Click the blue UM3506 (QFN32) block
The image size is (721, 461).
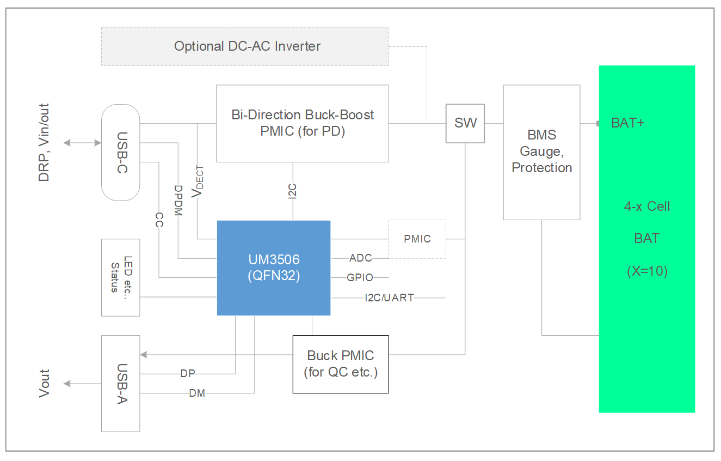[273, 268]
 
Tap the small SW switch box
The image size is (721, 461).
[465, 123]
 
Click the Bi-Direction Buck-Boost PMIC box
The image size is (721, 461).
[302, 123]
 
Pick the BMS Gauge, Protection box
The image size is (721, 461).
[541, 151]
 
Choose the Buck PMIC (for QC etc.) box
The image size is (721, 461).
[341, 364]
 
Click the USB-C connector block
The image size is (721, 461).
[121, 151]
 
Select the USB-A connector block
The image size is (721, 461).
[121, 383]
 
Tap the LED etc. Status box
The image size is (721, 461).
[121, 277]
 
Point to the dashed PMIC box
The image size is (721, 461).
[417, 239]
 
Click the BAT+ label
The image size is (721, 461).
[627, 123]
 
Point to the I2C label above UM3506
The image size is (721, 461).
[293, 191]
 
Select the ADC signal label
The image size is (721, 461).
[360, 258]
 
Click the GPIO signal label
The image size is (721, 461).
[360, 277]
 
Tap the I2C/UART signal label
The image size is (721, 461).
[389, 298]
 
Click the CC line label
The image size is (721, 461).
[159, 220]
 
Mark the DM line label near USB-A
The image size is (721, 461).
[197, 393]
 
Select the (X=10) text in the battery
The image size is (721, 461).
[647, 271]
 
